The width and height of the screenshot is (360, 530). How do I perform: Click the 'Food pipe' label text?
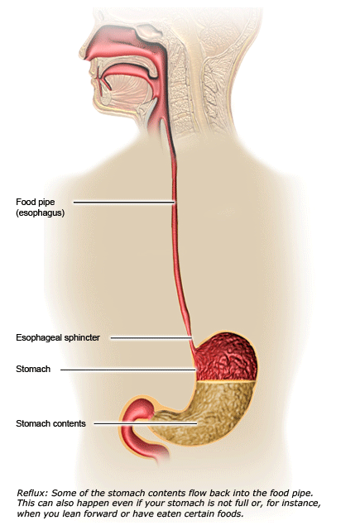tap(36, 202)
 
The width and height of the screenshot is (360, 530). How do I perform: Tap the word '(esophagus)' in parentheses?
tap(40, 213)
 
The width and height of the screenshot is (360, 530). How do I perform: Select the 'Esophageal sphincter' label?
tap(58, 337)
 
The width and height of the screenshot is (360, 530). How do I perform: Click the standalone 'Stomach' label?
tap(33, 369)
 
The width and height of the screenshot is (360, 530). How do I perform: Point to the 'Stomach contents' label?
tap(50, 423)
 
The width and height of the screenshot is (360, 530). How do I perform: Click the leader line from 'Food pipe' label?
tap(124, 203)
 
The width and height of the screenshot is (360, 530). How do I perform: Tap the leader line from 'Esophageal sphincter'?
tap(151, 337)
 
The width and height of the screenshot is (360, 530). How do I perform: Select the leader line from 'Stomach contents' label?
tap(146, 423)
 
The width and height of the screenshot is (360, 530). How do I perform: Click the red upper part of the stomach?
tap(226, 358)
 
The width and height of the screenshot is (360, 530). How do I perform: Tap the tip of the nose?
tap(81, 51)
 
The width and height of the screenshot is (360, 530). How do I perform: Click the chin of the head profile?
tap(102, 107)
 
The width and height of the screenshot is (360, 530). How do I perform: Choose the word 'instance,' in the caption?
tap(302, 504)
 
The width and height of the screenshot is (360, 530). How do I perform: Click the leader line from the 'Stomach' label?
tap(128, 370)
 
